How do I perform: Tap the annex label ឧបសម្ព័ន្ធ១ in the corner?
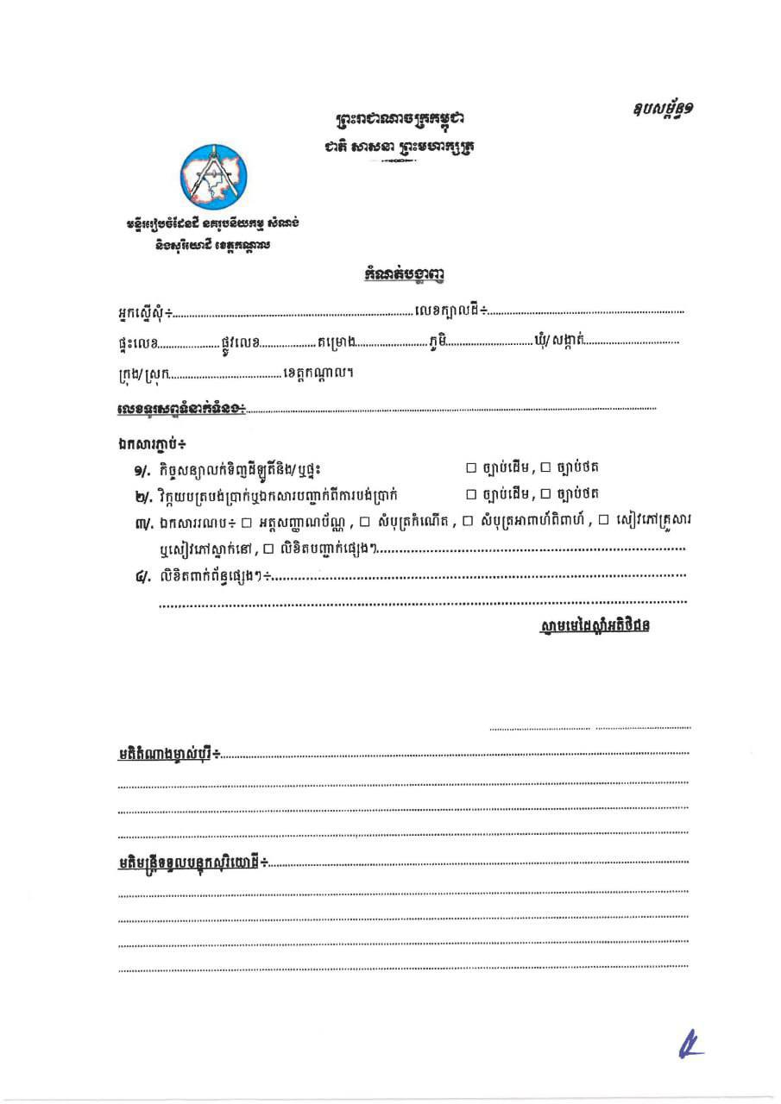[662, 110]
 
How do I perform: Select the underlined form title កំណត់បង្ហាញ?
[404, 275]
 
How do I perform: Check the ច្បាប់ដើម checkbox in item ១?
[471, 468]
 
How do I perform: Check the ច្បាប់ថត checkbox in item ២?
[545, 494]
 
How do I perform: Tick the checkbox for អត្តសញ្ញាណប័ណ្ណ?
[246, 521]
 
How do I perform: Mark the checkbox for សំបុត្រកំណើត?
[363, 521]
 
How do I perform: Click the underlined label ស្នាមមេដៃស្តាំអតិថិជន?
[592, 624]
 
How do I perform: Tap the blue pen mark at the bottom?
[690, 1046]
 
